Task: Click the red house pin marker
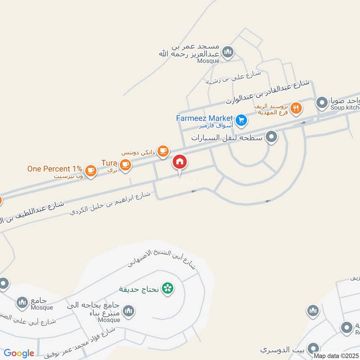point(180,162)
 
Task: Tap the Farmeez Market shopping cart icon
point(241,120)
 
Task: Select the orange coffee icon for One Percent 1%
point(91,170)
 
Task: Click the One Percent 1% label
point(54,169)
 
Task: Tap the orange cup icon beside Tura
point(126,164)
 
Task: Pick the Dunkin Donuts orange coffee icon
point(163,151)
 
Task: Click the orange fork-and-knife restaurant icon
point(296,108)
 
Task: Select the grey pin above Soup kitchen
point(322,103)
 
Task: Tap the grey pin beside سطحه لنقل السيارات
point(271,137)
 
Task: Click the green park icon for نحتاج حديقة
point(167,288)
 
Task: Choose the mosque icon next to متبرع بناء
point(129,311)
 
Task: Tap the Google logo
point(19,353)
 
